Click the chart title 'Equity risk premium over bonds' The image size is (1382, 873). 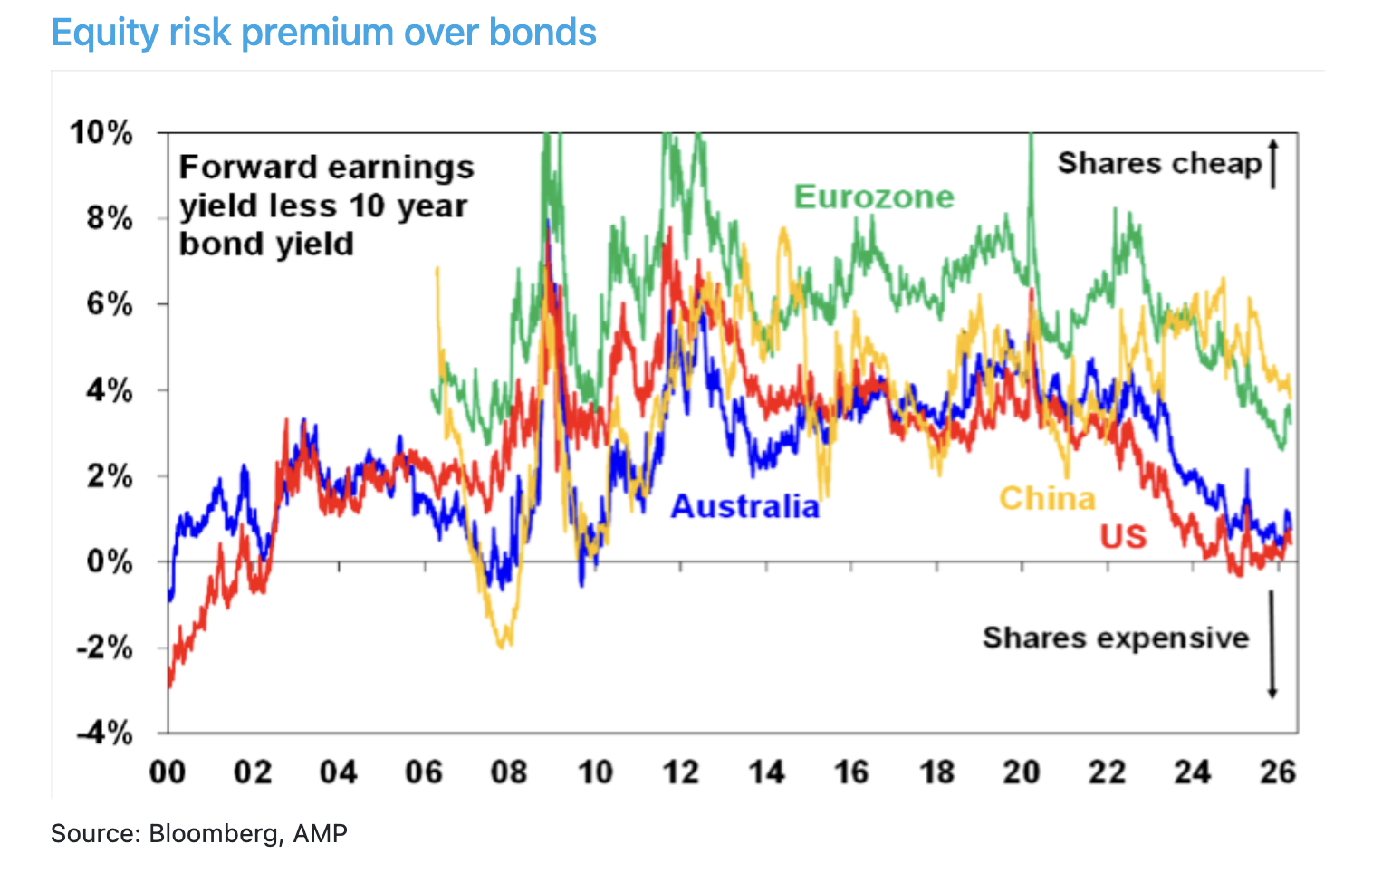tap(323, 33)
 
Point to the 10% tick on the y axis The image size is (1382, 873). tap(101, 133)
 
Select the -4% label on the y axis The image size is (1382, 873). tap(104, 733)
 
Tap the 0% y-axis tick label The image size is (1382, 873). tap(110, 561)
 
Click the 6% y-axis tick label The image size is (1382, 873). tap(110, 304)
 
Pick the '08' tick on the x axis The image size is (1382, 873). tap(510, 772)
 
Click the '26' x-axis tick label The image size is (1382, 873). tap(1278, 772)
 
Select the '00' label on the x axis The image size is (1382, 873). tap(168, 772)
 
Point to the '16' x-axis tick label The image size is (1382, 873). tap(851, 772)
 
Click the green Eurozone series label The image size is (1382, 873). tap(874, 197)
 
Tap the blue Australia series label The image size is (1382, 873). tap(744, 506)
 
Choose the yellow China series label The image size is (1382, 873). tap(1047, 498)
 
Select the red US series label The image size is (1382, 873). tap(1123, 537)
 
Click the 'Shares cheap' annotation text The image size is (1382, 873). tap(1159, 163)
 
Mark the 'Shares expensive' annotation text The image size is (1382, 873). tap(1116, 638)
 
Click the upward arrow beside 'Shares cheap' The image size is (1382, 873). tap(1273, 163)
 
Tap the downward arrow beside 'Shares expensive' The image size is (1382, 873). tap(1272, 645)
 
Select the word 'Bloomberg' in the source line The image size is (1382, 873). tap(214, 833)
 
